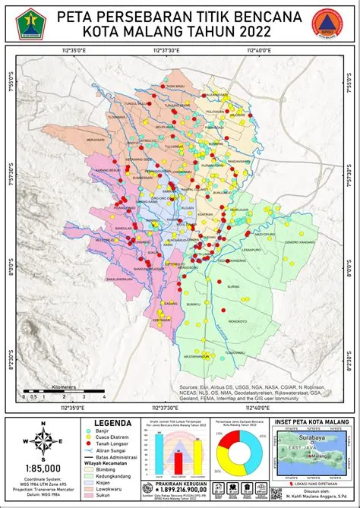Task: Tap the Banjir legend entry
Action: (103, 430)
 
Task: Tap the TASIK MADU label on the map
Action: (176, 87)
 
